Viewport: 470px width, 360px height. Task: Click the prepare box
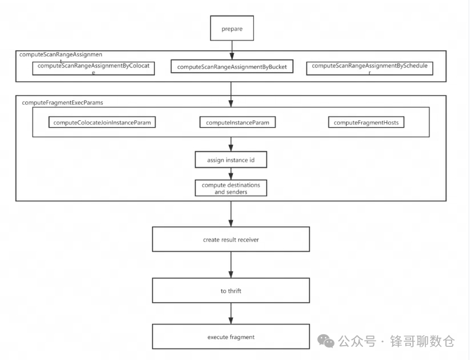(x=231, y=27)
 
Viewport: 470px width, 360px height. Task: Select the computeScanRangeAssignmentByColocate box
(x=93, y=68)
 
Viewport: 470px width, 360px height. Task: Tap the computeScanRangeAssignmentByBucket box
(x=231, y=67)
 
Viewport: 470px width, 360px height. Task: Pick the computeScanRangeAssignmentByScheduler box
(x=369, y=68)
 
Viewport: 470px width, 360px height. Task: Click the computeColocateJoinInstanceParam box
(x=102, y=122)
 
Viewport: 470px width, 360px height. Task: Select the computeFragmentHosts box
(x=366, y=122)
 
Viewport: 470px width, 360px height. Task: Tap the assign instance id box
(x=230, y=160)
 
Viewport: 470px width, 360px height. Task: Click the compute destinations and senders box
(x=230, y=188)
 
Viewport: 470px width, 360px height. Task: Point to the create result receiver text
(x=230, y=240)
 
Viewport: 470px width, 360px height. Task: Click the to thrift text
(x=230, y=291)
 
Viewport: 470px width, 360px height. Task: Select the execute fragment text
(x=230, y=337)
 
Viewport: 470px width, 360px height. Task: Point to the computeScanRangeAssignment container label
(x=52, y=55)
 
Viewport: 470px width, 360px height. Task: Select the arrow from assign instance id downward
(x=231, y=174)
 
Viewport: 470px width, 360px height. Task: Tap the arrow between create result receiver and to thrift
(x=231, y=266)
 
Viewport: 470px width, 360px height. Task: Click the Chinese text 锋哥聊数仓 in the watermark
(x=423, y=342)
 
